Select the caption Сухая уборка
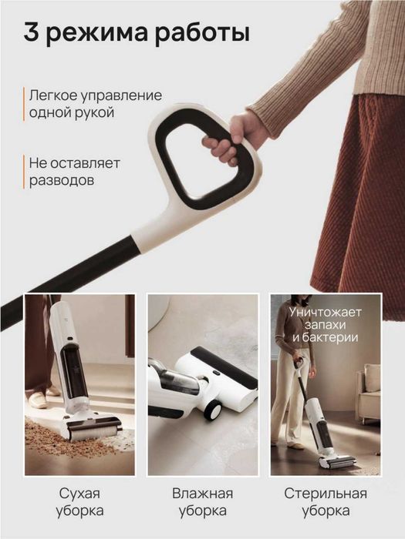pos(79,501)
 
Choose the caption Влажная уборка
pos(201,501)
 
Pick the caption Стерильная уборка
pos(324,501)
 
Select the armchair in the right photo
pos(370,393)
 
